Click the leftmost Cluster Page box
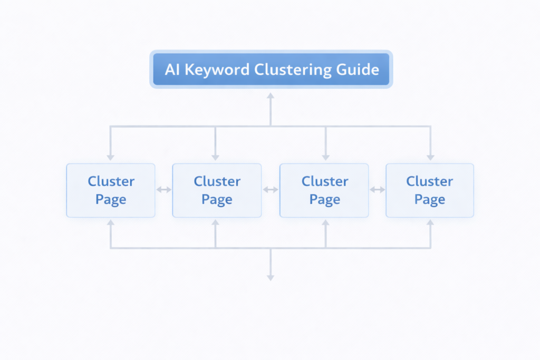tap(111, 190)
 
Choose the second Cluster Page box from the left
tap(217, 190)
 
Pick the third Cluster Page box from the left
tap(324, 190)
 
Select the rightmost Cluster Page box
tap(430, 190)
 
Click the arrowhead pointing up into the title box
tap(271, 96)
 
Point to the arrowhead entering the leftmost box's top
tap(111, 157)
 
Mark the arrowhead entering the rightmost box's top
tap(430, 157)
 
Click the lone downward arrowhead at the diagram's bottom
tap(271, 277)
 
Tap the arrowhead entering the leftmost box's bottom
tap(111, 223)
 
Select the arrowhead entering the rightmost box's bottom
tap(430, 223)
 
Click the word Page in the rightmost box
tap(430, 200)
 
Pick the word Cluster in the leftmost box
tap(111, 181)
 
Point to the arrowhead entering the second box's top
tap(216, 157)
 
